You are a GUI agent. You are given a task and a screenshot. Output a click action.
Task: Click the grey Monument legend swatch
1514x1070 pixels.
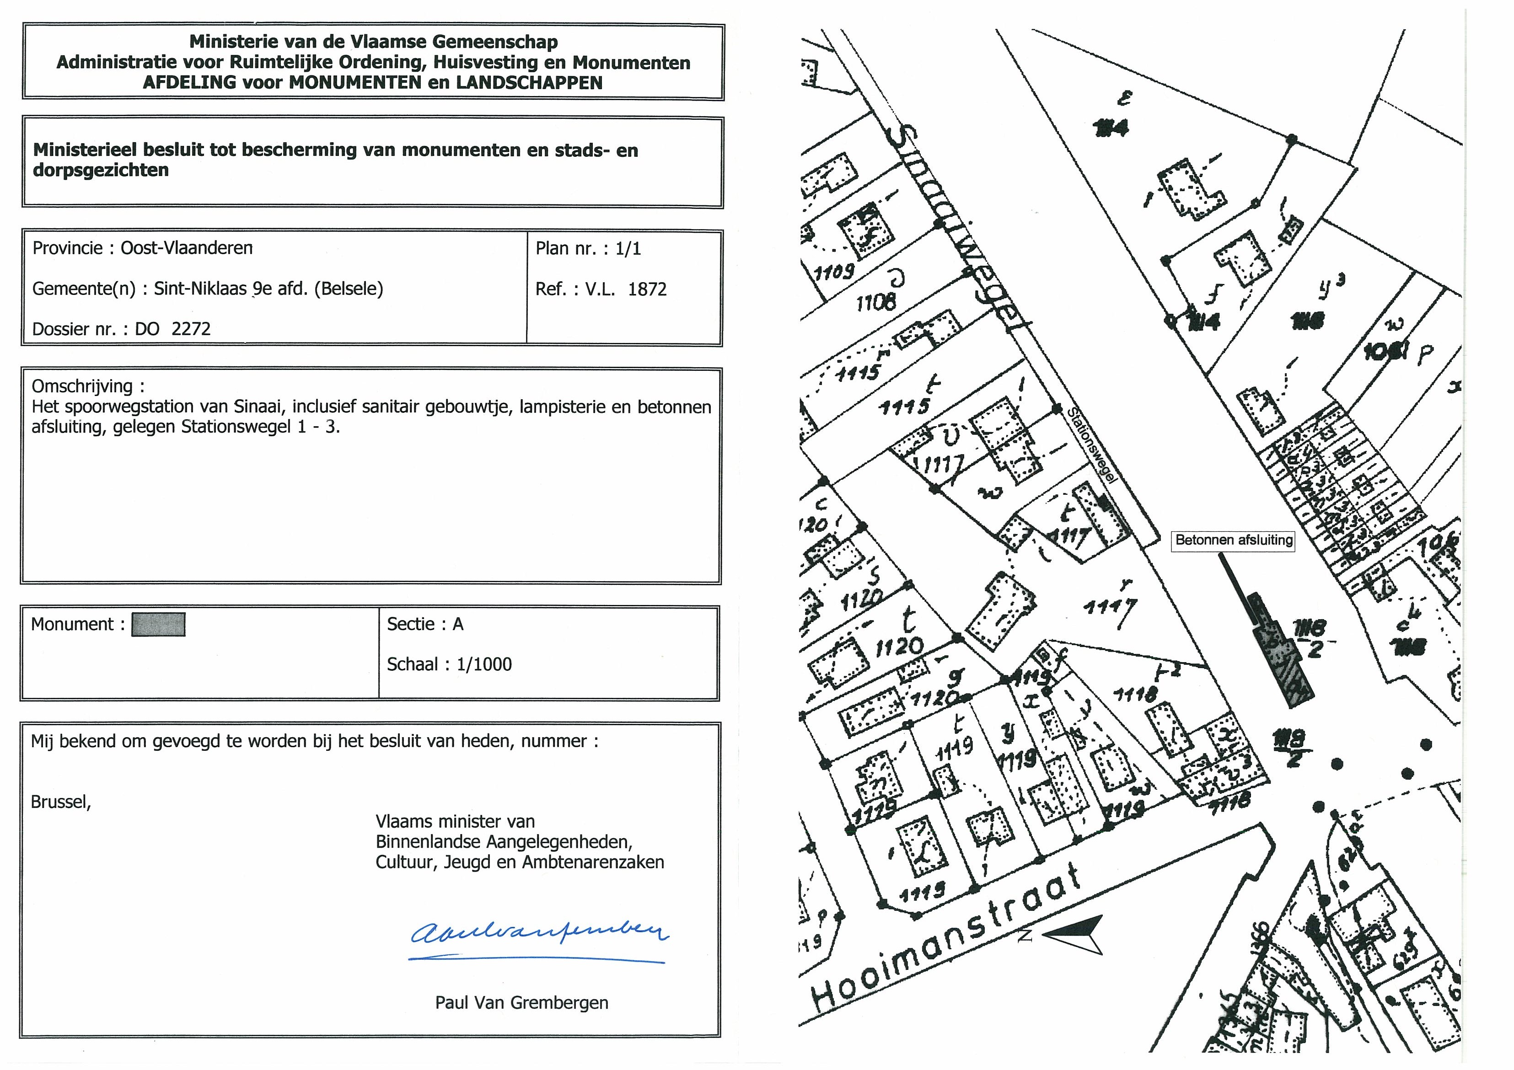158,624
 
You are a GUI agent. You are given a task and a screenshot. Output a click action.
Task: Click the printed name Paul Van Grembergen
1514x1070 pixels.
521,1003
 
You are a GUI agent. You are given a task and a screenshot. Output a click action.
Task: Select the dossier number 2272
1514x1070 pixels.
191,329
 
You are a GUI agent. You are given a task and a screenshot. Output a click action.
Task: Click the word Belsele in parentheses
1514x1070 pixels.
348,289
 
